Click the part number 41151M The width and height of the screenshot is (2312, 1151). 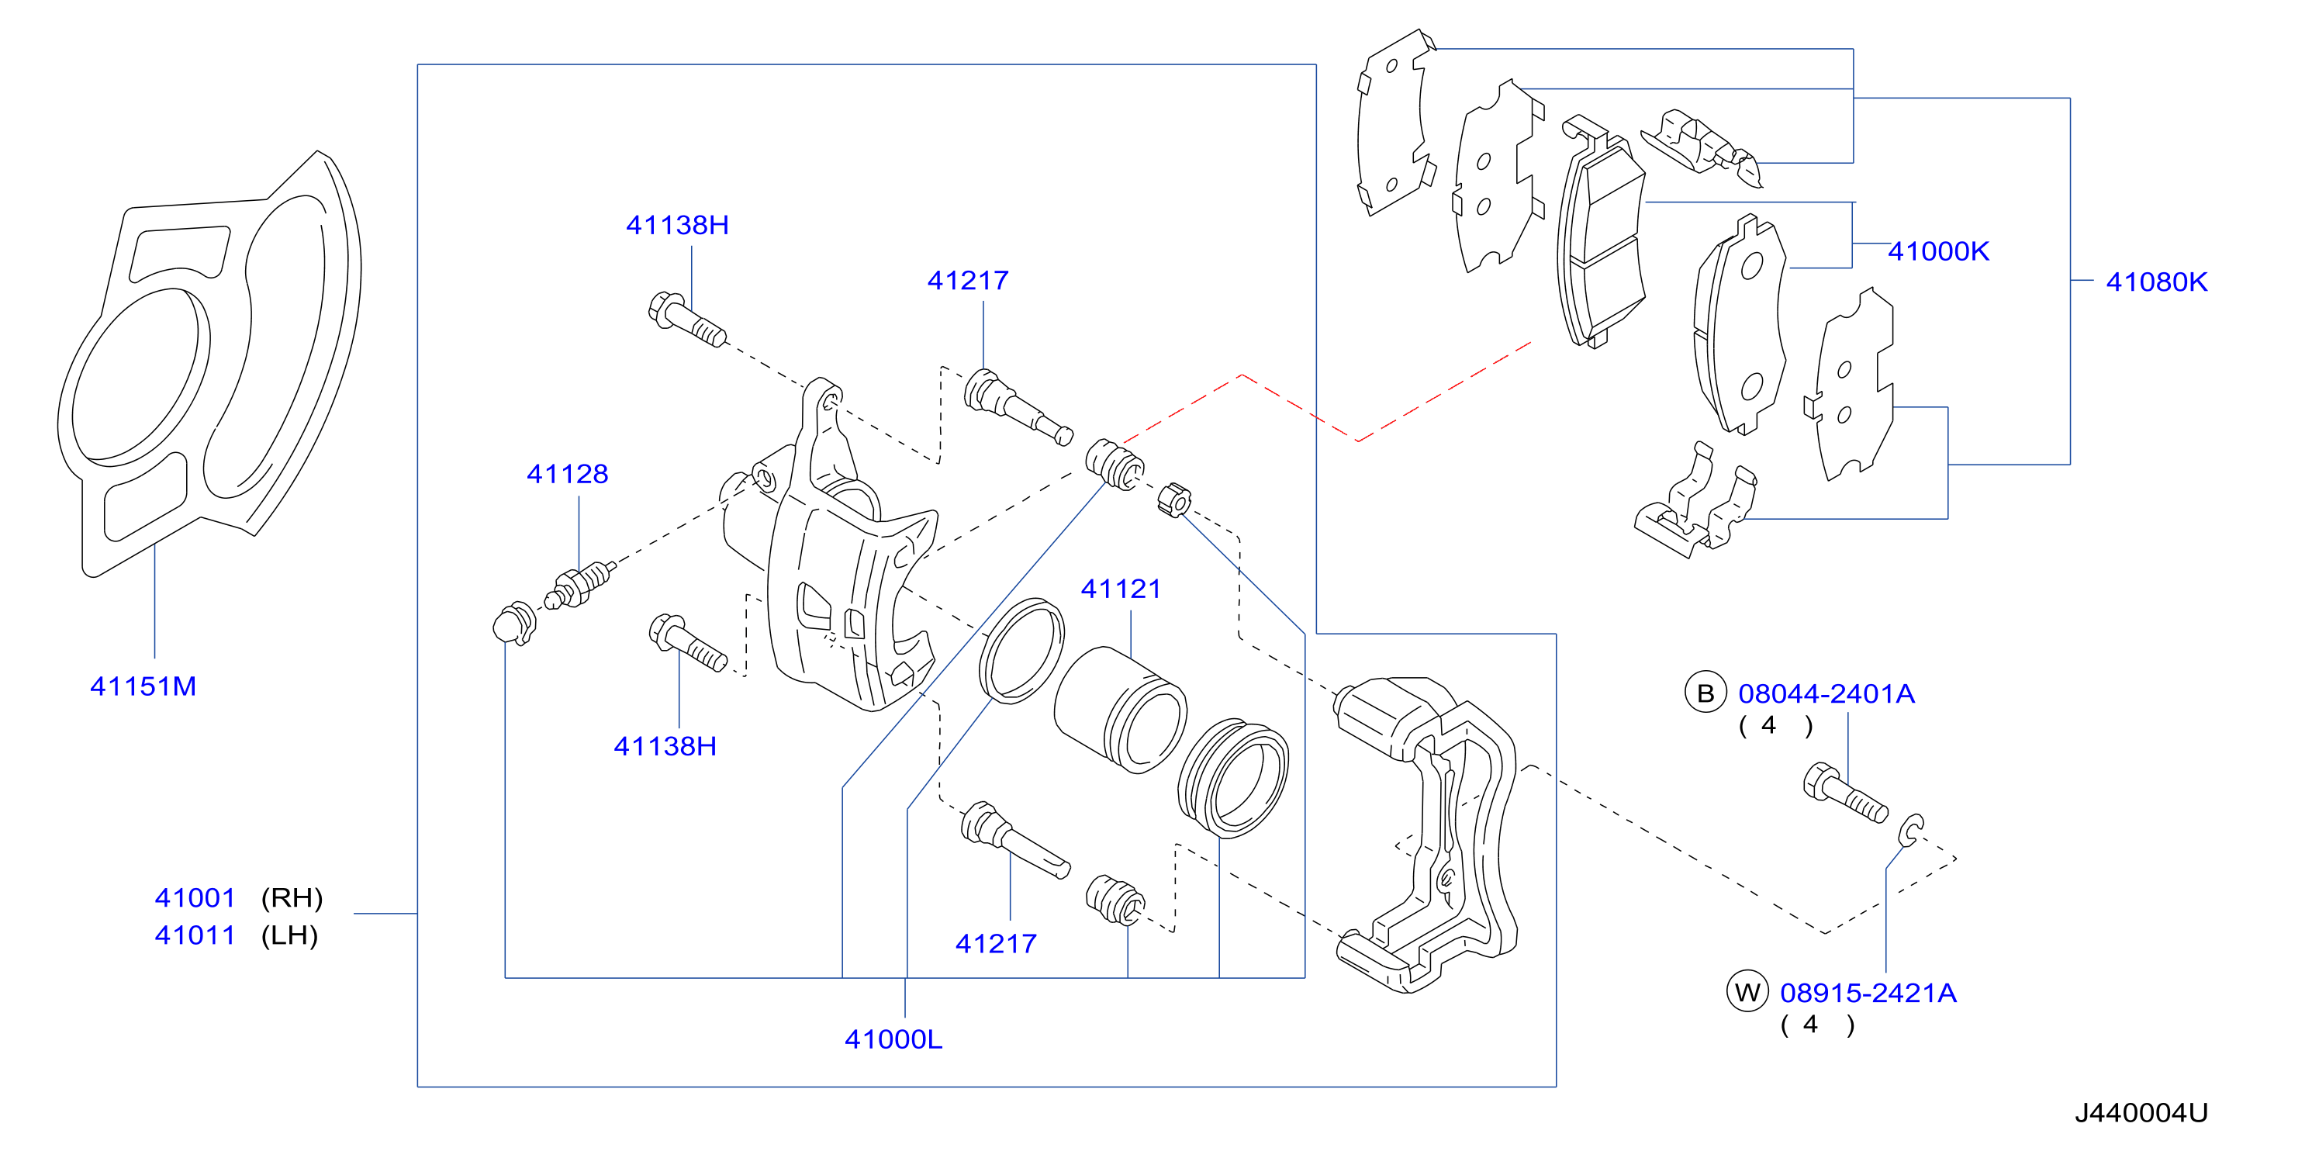click(x=143, y=687)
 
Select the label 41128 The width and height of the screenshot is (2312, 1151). click(x=567, y=474)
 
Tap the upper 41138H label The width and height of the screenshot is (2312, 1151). click(x=678, y=226)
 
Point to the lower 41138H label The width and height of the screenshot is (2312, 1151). click(x=665, y=746)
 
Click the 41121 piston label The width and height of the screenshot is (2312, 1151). click(x=1121, y=589)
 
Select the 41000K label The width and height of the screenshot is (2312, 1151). click(x=1939, y=251)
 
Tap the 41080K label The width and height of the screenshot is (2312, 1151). click(x=2157, y=282)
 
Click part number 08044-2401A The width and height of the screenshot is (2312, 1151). click(x=1826, y=694)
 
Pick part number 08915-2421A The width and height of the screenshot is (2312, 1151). click(x=1868, y=993)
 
